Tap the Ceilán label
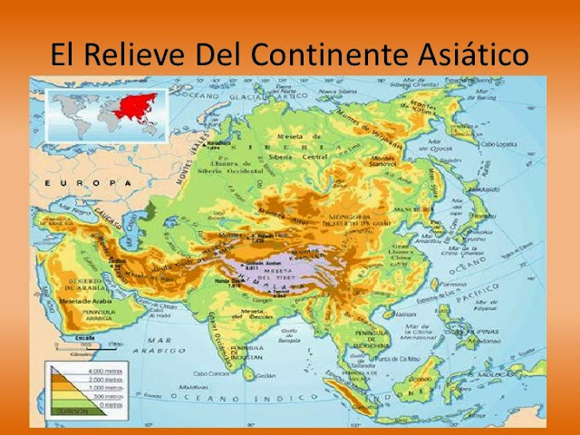click(266, 374)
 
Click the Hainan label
click(386, 314)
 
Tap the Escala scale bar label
click(86, 337)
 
